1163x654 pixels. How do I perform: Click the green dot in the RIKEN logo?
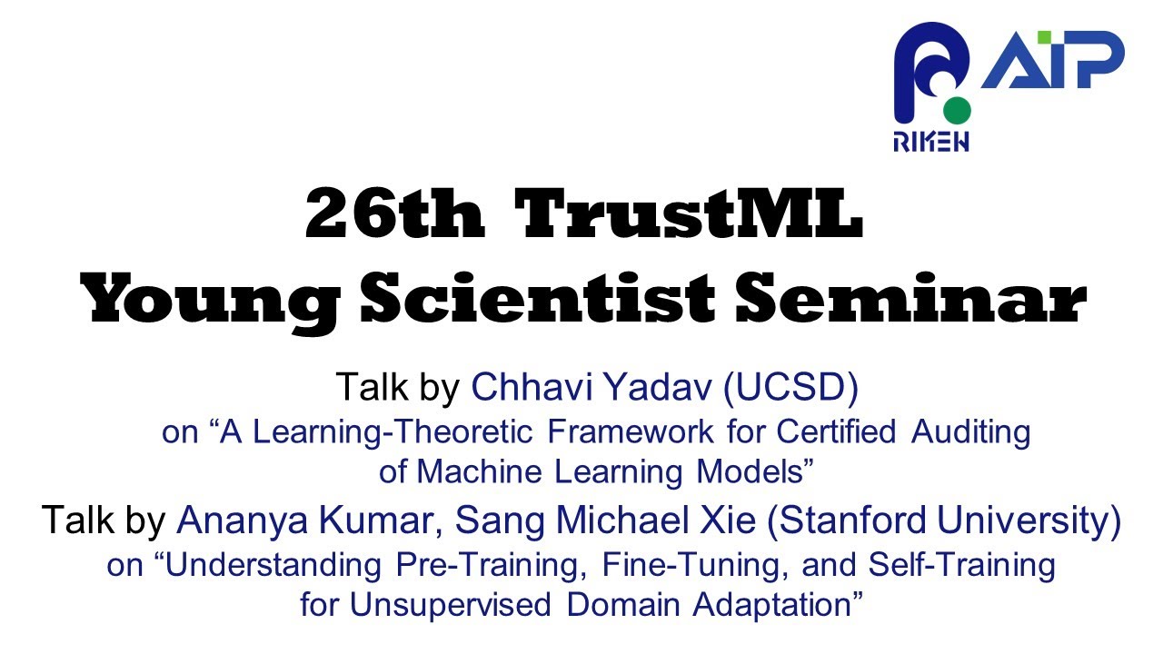tap(956, 111)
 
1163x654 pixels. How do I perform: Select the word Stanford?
tap(857, 521)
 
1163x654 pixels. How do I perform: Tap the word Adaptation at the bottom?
tap(772, 605)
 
